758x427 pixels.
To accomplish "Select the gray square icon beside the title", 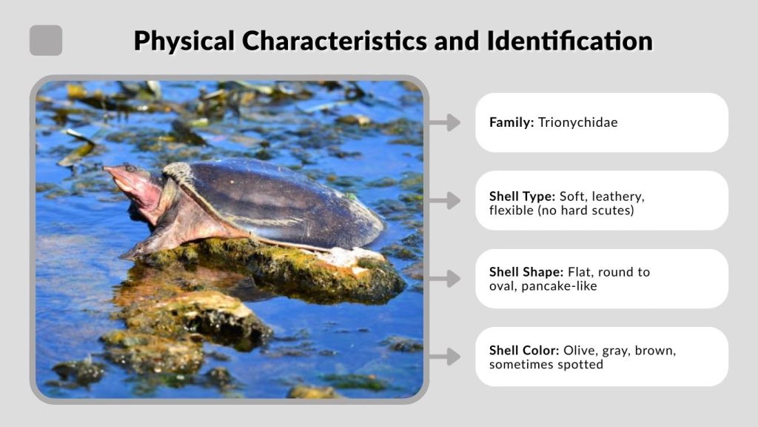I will [x=46, y=41].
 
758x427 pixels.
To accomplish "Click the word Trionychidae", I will [x=577, y=122].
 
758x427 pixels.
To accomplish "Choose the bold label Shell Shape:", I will [x=526, y=272].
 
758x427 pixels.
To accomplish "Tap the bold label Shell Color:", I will [x=524, y=350].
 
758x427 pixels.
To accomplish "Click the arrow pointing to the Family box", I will [x=444, y=122].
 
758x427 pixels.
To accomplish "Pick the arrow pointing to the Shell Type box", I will [x=444, y=200].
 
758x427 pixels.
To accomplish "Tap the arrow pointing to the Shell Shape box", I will [x=444, y=279].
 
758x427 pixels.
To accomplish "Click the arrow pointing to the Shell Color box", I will [x=444, y=357].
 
